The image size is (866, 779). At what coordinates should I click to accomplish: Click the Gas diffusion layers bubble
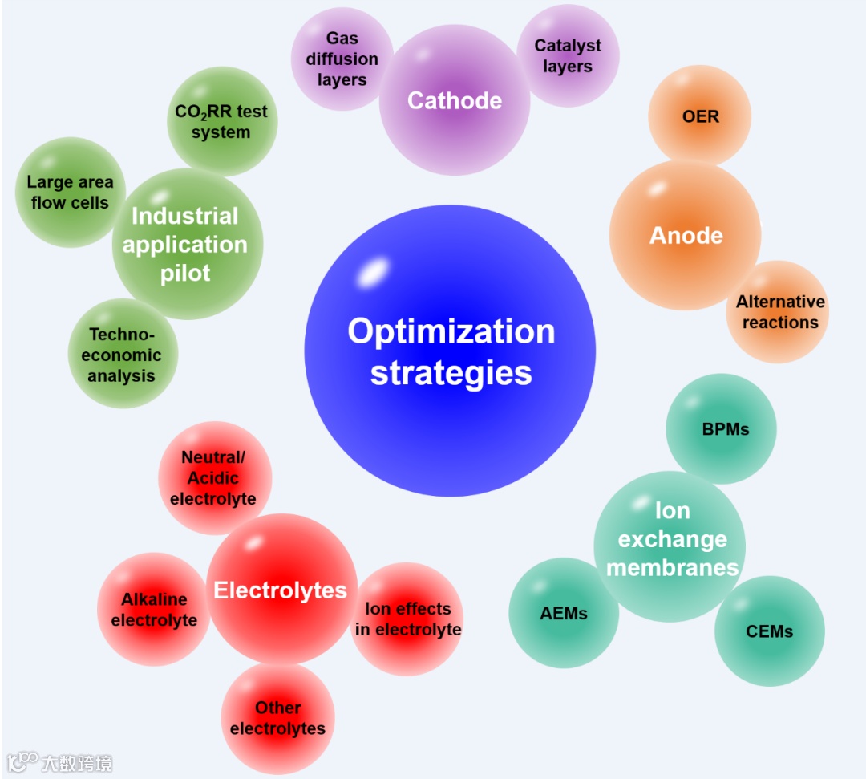[x=341, y=59]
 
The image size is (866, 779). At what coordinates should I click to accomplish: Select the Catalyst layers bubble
[x=568, y=56]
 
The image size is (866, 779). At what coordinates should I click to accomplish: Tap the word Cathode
[x=455, y=100]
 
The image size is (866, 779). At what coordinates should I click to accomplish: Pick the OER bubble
[x=700, y=116]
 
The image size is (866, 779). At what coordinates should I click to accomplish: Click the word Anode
[x=686, y=236]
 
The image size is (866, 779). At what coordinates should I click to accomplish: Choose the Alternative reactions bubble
[x=779, y=312]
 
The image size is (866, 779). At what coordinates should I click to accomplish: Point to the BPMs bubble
[x=725, y=429]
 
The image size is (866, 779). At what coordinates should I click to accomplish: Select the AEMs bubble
[x=564, y=613]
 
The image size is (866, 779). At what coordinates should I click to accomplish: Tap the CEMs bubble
[x=769, y=631]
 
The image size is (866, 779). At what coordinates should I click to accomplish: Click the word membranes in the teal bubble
[x=672, y=567]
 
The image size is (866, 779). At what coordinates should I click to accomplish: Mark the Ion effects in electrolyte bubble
[x=408, y=619]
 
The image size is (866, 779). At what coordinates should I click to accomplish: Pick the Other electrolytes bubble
[x=277, y=718]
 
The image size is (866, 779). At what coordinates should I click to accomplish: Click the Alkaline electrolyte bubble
[x=154, y=610]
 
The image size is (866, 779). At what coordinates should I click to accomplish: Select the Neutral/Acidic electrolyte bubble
[x=213, y=478]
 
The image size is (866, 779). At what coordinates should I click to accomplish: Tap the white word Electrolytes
[x=280, y=591]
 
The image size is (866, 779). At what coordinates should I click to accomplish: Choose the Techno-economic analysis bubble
[x=123, y=355]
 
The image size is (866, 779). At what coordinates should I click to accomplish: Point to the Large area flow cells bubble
[x=70, y=193]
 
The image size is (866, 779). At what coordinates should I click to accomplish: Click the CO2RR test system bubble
[x=221, y=121]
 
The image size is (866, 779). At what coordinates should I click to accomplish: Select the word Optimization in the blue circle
[x=451, y=331]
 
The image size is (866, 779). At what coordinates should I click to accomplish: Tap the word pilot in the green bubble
[x=185, y=273]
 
